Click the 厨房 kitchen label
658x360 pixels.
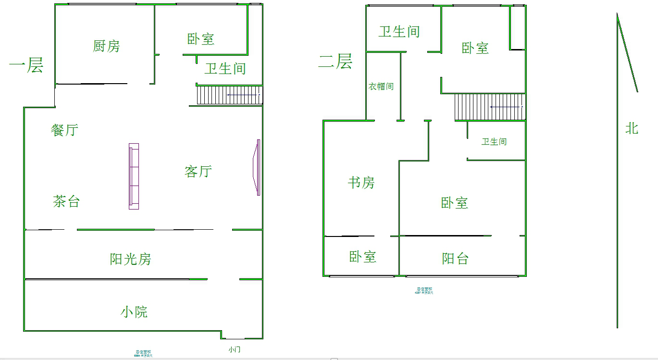point(106,46)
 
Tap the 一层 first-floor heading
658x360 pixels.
point(26,65)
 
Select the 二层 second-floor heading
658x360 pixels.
point(335,62)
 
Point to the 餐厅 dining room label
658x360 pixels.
point(64,130)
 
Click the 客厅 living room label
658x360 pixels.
point(198,171)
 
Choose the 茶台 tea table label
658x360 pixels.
point(66,201)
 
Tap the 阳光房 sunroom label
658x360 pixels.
point(130,259)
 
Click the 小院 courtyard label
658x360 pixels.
point(134,312)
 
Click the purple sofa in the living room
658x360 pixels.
point(134,176)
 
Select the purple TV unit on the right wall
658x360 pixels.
point(258,167)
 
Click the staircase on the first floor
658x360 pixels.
point(230,95)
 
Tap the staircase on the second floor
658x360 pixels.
point(490,107)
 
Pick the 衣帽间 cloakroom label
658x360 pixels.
point(381,87)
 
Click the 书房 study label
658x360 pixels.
point(361,183)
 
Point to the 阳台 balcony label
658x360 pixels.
point(455,259)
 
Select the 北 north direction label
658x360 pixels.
point(632,128)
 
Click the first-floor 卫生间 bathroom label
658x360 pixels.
point(225,68)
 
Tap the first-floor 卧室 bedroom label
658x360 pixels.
point(200,39)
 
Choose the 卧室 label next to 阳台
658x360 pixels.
point(362,257)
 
